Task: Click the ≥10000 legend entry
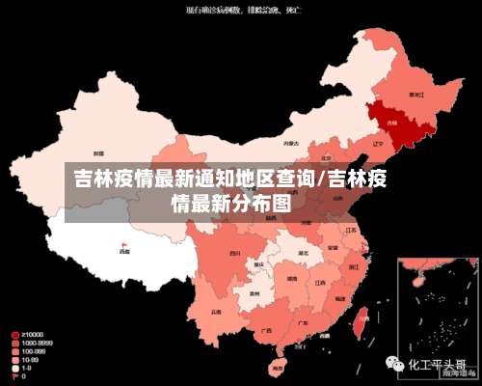29,335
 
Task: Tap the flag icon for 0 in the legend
14,374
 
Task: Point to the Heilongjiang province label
416,95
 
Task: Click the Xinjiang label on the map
98,153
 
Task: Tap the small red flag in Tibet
123,244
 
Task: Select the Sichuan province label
234,253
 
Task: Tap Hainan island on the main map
278,367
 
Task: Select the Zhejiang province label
354,265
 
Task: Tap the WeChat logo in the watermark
396,365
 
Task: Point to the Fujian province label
339,300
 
